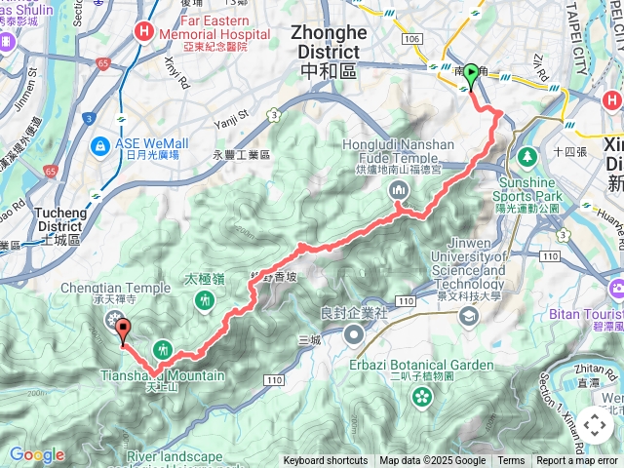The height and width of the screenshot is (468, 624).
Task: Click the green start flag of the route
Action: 471,72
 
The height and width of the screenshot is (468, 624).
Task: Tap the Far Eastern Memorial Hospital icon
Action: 144,31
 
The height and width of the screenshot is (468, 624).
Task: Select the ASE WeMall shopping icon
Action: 99,145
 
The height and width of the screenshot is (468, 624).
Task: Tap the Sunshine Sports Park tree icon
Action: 527,155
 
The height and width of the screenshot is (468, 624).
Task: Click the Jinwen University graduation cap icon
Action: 470,316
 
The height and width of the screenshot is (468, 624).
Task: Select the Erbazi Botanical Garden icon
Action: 421,396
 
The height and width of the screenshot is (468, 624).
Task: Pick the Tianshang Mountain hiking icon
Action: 163,348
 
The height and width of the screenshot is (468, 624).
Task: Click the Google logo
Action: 36,454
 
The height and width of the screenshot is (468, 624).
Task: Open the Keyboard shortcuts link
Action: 326,461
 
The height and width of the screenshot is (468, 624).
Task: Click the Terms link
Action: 511,461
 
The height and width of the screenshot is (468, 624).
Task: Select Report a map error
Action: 576,461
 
